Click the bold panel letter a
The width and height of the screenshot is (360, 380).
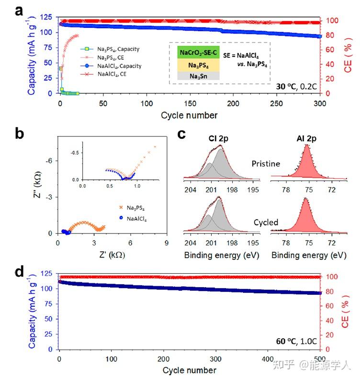tap(19, 11)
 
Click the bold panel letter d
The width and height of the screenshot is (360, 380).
tap(19, 272)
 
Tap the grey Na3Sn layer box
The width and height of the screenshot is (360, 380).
tap(198, 76)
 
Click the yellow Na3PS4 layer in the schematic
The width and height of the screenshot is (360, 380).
tap(198, 65)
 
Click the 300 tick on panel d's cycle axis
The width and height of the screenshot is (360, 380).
tap(216, 359)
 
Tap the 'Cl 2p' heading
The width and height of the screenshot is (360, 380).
tap(219, 138)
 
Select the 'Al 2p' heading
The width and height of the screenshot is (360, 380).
tap(306, 138)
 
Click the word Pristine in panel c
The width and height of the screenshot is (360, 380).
tap(266, 164)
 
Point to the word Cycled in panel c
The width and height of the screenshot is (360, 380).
tap(266, 223)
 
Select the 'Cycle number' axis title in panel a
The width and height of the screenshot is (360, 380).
tap(189, 115)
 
